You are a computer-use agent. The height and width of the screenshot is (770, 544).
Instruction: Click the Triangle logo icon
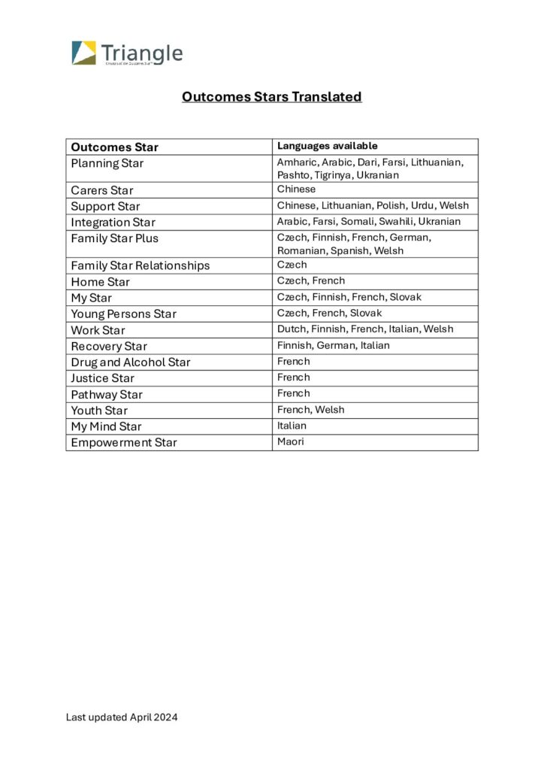(84, 53)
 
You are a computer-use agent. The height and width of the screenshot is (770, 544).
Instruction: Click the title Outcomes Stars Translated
(271, 96)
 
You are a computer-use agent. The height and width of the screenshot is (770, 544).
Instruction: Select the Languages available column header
(327, 146)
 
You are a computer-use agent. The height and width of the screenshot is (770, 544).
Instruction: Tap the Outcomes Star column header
(114, 147)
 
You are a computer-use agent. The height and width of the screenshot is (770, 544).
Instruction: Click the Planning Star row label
(107, 163)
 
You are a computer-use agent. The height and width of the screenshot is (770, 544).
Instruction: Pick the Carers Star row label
(102, 190)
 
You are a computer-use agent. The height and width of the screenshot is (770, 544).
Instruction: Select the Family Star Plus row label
(114, 238)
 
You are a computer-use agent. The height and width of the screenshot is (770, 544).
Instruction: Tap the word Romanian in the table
(301, 250)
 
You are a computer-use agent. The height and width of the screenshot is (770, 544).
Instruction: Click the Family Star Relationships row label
(140, 265)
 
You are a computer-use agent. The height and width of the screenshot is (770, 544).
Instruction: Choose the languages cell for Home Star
(311, 280)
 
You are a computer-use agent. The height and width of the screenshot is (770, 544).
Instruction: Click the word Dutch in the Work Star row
(292, 329)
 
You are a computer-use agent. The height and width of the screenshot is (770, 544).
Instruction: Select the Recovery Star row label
(109, 347)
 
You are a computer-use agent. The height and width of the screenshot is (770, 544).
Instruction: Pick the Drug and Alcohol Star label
(130, 362)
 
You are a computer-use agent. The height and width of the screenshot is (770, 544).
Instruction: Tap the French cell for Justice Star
(293, 377)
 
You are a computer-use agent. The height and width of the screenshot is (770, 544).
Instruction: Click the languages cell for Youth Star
(310, 410)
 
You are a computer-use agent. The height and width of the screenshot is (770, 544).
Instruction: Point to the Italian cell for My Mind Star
(292, 426)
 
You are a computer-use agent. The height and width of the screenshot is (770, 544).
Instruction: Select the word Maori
(290, 441)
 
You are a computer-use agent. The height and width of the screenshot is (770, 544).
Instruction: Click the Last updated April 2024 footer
(122, 717)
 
